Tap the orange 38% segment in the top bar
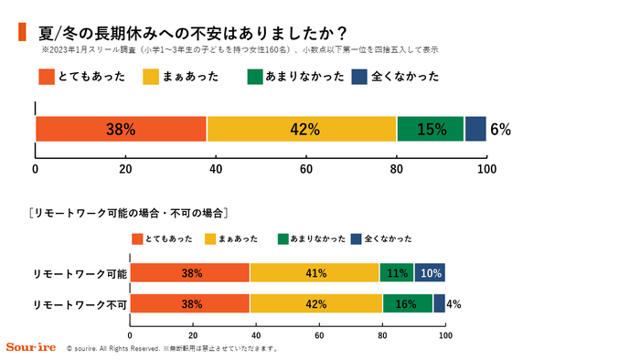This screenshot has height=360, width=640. point(121,129)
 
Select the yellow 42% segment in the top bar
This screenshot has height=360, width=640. point(303,129)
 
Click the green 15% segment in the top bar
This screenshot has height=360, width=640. point(431,129)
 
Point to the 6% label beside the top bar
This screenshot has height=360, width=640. point(500,130)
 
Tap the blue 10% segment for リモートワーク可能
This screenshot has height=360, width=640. point(430,273)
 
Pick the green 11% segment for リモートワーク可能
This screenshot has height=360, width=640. point(397,273)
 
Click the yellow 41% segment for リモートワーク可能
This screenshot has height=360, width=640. point(315,273)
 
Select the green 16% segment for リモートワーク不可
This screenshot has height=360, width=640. point(408,303)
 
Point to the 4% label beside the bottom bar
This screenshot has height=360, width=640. point(453,304)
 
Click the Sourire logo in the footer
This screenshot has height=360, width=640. point(30,348)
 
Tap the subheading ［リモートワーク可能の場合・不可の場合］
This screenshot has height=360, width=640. point(127,213)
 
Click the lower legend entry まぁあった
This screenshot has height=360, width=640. point(239,238)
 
